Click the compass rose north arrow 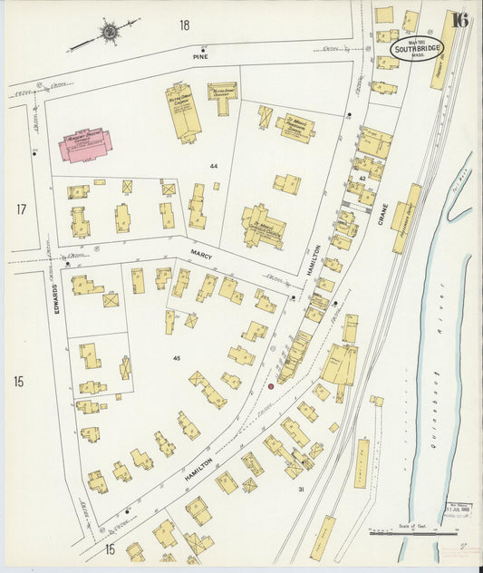109,34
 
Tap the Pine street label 200,56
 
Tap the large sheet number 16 459,21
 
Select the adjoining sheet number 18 185,24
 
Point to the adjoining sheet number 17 20,209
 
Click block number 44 215,167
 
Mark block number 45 177,358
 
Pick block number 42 362,179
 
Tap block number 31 301,490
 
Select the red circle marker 270,386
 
